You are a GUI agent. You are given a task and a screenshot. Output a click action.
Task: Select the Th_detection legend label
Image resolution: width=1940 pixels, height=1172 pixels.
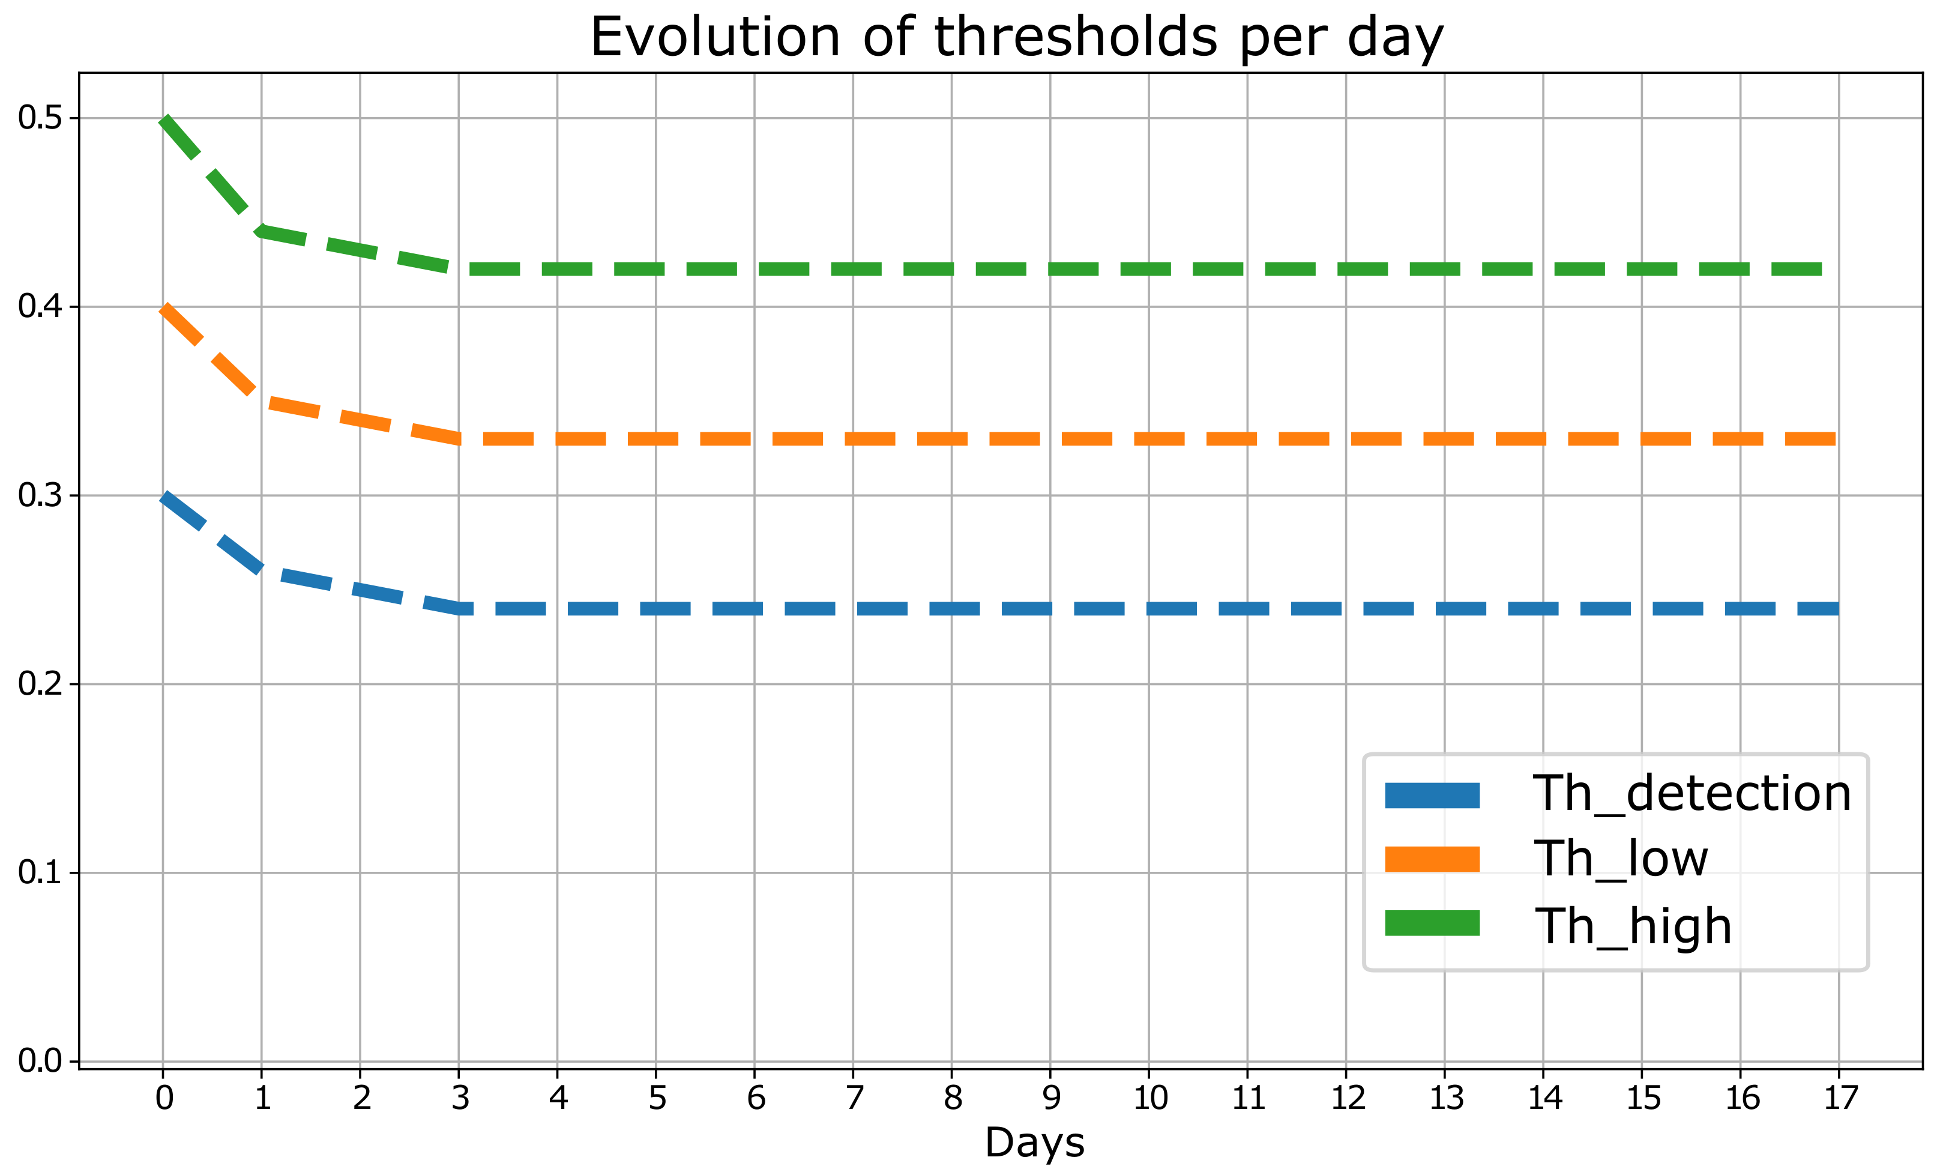point(1692,793)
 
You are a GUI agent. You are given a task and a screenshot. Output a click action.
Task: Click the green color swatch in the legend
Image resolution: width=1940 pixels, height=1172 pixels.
point(1432,923)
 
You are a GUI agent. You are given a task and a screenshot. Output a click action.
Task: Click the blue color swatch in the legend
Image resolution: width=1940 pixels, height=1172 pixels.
point(1432,796)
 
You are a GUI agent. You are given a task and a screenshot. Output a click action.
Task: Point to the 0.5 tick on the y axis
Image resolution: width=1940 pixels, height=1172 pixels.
point(40,118)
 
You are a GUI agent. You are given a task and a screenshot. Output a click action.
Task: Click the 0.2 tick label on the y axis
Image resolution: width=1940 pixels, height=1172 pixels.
point(40,684)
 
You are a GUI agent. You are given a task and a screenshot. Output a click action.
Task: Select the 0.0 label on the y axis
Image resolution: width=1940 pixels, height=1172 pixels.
point(40,1061)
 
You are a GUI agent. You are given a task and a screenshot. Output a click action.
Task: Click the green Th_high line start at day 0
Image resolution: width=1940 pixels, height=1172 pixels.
point(164,119)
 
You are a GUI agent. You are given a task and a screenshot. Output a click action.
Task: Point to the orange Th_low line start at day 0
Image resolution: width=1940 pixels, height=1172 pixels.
point(164,308)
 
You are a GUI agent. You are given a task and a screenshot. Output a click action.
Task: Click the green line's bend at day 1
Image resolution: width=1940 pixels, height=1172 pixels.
point(261,231)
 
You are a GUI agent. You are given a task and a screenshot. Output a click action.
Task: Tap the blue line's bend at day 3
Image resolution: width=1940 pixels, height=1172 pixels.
point(459,608)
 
